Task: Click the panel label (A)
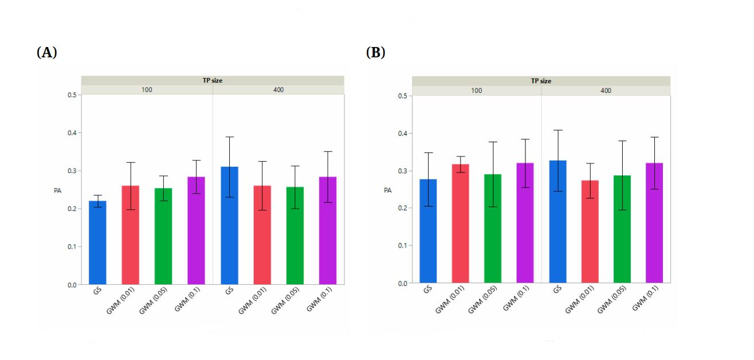point(47,53)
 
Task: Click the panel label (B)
point(375,53)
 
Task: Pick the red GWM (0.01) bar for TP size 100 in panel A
point(130,235)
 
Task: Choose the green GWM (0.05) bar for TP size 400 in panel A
point(295,236)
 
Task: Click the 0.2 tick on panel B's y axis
point(402,208)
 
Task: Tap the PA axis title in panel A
point(57,189)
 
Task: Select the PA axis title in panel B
point(387,189)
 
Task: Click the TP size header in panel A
point(213,80)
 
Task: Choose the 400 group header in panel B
point(606,91)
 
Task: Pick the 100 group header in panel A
point(147,90)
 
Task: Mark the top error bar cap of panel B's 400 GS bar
point(558,130)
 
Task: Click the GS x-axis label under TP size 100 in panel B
point(428,290)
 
